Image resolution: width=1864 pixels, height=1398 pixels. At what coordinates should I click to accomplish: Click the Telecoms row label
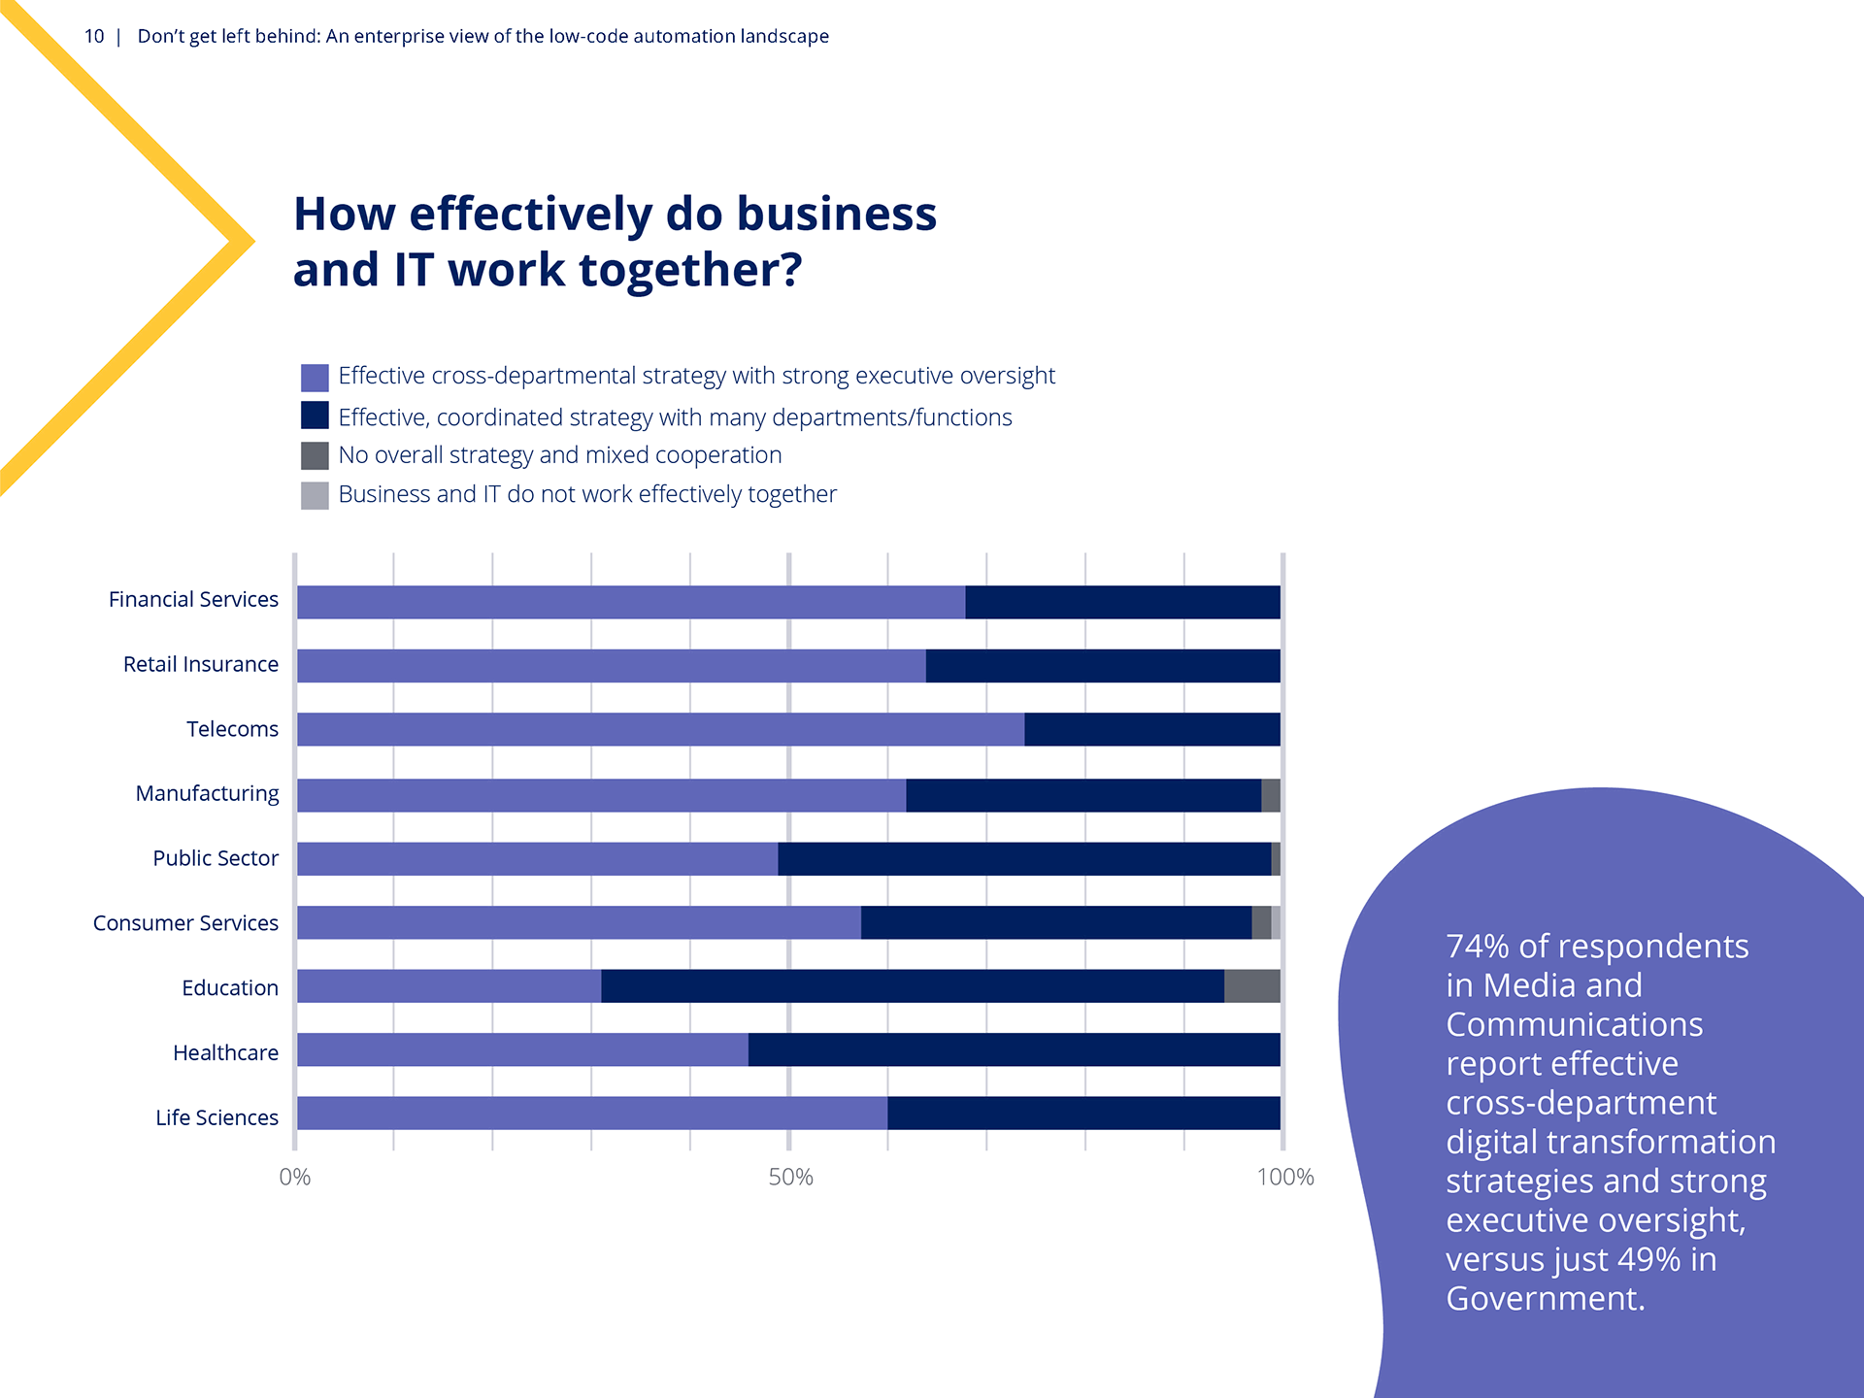tap(232, 729)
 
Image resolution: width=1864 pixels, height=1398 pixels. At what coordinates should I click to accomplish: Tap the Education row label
tap(229, 988)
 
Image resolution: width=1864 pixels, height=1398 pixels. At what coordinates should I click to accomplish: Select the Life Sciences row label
tap(216, 1117)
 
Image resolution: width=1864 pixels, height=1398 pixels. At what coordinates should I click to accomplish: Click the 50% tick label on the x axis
tap(790, 1178)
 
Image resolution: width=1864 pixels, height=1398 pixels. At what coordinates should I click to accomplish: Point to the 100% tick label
tap(1284, 1178)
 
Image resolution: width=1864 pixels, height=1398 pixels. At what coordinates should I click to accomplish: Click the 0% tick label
tap(294, 1178)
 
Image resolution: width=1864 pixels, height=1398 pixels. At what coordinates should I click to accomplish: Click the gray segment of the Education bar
tap(1251, 986)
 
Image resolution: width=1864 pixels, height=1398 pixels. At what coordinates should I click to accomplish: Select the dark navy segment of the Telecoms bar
tap(1151, 729)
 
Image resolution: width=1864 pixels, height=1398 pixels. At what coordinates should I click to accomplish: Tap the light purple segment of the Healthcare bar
tap(522, 1050)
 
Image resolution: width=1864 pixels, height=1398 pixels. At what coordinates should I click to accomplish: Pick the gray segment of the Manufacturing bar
tap(1270, 795)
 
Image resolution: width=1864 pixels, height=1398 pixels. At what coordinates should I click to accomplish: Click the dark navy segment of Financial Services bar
tap(1122, 602)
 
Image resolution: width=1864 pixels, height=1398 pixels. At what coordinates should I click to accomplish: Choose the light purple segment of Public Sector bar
tap(537, 859)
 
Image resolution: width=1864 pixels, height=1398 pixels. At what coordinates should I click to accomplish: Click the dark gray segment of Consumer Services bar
tap(1261, 922)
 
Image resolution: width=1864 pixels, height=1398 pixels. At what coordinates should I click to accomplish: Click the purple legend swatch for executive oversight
tap(315, 378)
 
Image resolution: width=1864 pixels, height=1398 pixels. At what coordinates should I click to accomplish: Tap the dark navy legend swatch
tap(315, 416)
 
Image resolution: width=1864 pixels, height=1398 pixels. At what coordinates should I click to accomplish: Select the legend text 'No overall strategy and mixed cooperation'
tap(559, 455)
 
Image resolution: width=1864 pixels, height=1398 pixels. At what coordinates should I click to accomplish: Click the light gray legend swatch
tap(315, 495)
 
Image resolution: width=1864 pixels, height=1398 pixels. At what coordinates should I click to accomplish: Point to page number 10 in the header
tap(94, 37)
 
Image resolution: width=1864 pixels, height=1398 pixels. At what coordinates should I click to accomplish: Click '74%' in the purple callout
tap(1478, 947)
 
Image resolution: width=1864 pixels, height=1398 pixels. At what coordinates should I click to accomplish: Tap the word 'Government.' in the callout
tap(1545, 1299)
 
